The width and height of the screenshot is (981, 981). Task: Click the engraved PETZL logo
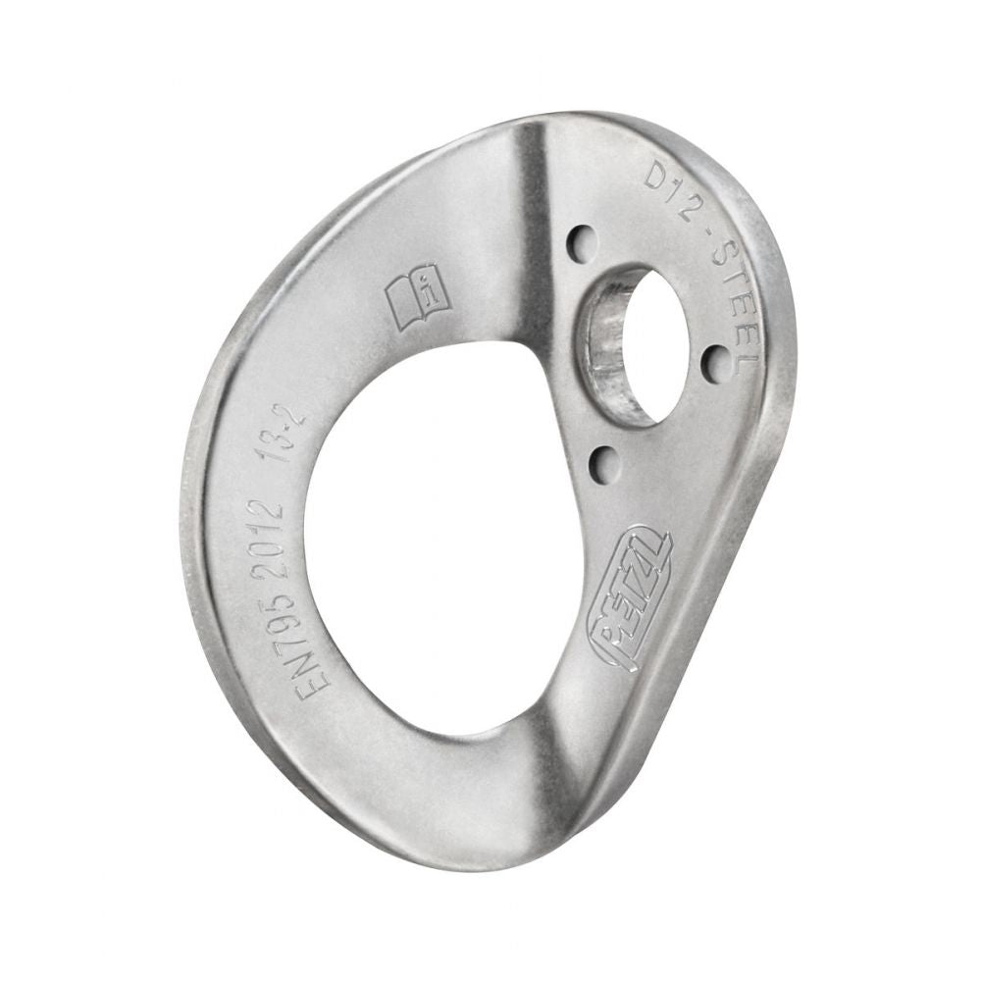(x=631, y=597)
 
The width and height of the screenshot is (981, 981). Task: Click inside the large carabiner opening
(x=441, y=549)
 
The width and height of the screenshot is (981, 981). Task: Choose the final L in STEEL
(x=748, y=359)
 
